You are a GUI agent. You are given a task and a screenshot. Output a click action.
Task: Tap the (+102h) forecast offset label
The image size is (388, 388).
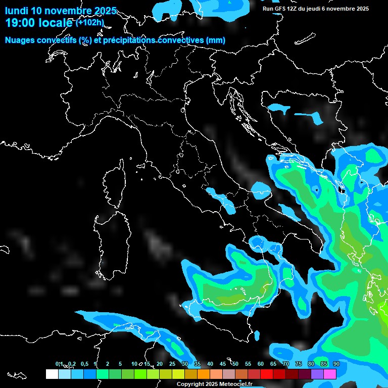pyautogui.click(x=89, y=22)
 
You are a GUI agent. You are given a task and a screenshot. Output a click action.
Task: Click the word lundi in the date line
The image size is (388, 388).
pyautogui.click(x=16, y=11)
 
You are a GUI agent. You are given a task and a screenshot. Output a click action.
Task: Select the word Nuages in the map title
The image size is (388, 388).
pyautogui.click(x=19, y=40)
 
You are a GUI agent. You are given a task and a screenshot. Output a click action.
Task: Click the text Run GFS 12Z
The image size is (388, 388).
pyautogui.click(x=280, y=9)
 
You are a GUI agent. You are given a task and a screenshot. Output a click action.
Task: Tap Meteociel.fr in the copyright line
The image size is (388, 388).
pyautogui.click(x=239, y=384)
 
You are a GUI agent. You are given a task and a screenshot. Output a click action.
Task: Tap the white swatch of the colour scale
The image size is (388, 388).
pyautogui.click(x=52, y=374)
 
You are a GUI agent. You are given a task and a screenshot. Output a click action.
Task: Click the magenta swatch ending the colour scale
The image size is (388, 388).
pyautogui.click(x=330, y=374)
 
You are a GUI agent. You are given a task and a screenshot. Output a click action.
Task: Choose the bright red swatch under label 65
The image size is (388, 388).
pyautogui.click(x=267, y=374)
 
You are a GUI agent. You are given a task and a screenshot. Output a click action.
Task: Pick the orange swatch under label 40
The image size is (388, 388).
pyautogui.click(x=204, y=374)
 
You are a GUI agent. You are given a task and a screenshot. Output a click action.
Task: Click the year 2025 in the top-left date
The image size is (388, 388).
pyautogui.click(x=105, y=11)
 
